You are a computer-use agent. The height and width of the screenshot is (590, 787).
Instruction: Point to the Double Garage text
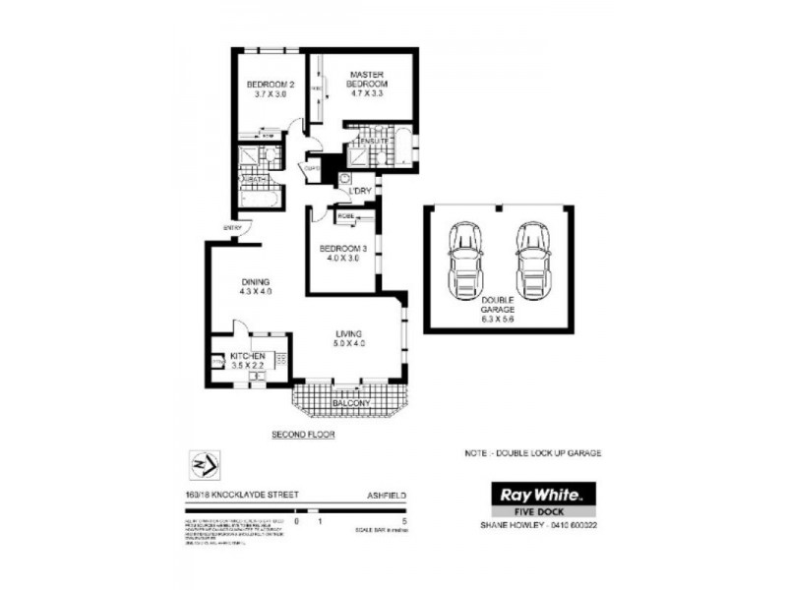497,309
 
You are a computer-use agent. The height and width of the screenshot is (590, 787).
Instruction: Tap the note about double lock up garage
531,453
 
